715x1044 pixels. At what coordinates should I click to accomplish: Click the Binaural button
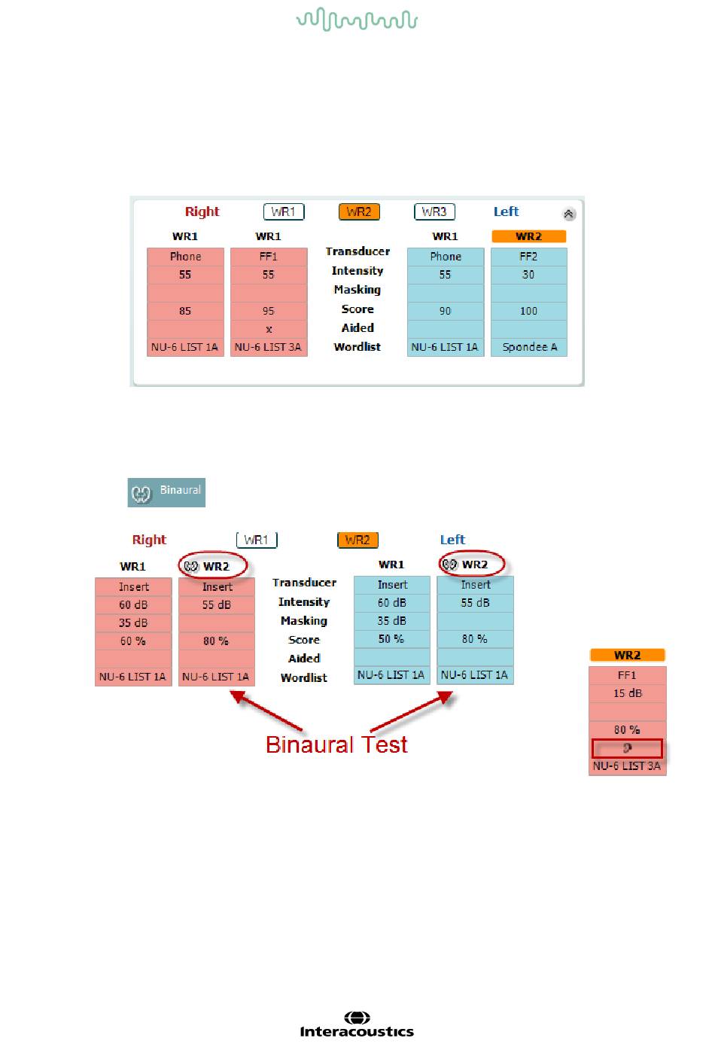[x=166, y=492]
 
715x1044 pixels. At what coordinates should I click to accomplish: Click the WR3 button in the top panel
[x=434, y=212]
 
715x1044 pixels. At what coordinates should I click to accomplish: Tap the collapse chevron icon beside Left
[x=569, y=214]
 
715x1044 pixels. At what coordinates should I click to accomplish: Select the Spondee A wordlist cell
[x=529, y=347]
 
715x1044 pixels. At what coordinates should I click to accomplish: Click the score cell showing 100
[x=529, y=311]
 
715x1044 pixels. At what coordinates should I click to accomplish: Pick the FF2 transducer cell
[x=529, y=257]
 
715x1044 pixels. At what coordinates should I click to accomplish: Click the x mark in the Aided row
[x=269, y=330]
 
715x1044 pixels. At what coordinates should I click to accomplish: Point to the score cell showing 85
[x=185, y=311]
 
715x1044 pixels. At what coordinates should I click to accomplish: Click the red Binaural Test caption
[x=336, y=744]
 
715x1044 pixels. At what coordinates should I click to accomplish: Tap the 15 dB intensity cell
[x=628, y=693]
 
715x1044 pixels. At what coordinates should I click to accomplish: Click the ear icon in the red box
[x=628, y=748]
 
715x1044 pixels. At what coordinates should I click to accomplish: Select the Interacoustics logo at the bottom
[x=357, y=1025]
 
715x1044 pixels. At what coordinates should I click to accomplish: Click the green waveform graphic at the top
[x=357, y=20]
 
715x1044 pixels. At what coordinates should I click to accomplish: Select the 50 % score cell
[x=391, y=639]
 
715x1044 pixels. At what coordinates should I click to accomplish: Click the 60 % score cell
[x=133, y=641]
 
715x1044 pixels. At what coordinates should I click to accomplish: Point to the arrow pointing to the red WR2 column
[x=266, y=711]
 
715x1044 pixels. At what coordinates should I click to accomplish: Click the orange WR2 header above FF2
[x=529, y=236]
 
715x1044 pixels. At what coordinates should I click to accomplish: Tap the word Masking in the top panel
[x=357, y=290]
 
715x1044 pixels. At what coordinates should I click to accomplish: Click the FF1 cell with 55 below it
[x=269, y=257]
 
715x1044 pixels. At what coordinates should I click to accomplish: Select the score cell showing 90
[x=446, y=311]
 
